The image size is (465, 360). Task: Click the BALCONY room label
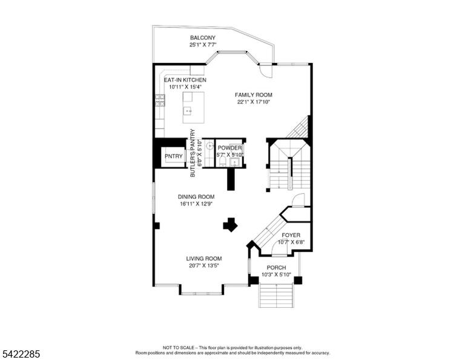tap(203, 38)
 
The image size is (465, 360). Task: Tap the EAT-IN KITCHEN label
tap(185, 80)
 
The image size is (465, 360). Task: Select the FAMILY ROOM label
tap(254, 95)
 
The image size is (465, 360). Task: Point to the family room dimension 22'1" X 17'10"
tap(254, 102)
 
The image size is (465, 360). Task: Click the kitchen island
tap(193, 107)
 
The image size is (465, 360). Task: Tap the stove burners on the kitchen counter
tap(160, 101)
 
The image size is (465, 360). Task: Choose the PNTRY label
tap(174, 156)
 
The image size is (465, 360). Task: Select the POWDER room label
tap(229, 148)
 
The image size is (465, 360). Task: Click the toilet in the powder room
tap(222, 162)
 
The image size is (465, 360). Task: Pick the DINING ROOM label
tap(196, 197)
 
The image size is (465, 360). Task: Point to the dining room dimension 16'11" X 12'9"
tap(196, 204)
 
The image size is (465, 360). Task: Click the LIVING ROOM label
tap(204, 259)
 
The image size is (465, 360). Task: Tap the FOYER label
tap(291, 235)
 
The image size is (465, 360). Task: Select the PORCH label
tap(276, 268)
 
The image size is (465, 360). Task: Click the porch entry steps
tap(276, 295)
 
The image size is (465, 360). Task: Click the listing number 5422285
tap(21, 354)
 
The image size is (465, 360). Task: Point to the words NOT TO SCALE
tap(178, 347)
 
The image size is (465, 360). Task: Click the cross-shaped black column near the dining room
tap(230, 225)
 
